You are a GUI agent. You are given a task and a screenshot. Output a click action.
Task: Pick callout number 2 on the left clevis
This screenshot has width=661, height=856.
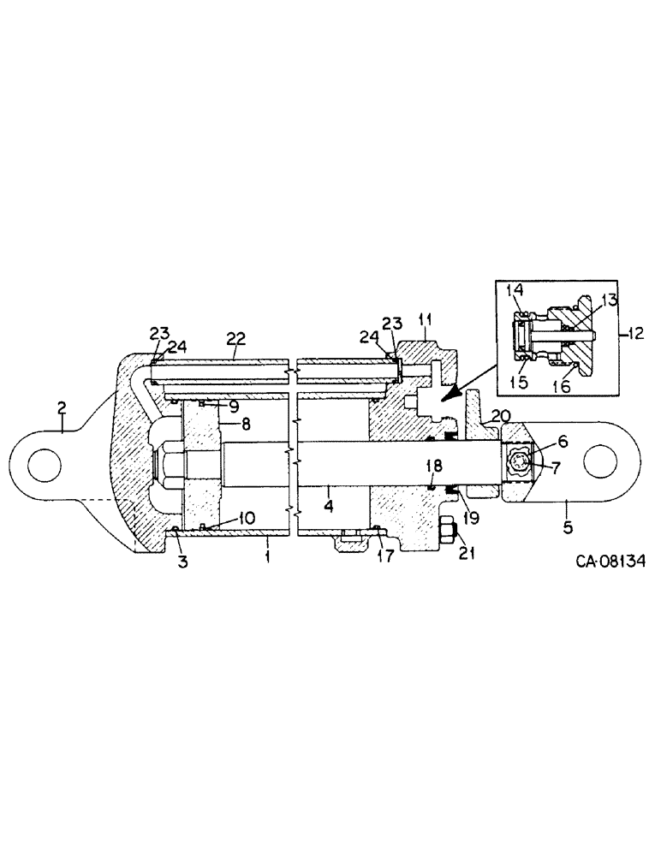pos(62,409)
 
